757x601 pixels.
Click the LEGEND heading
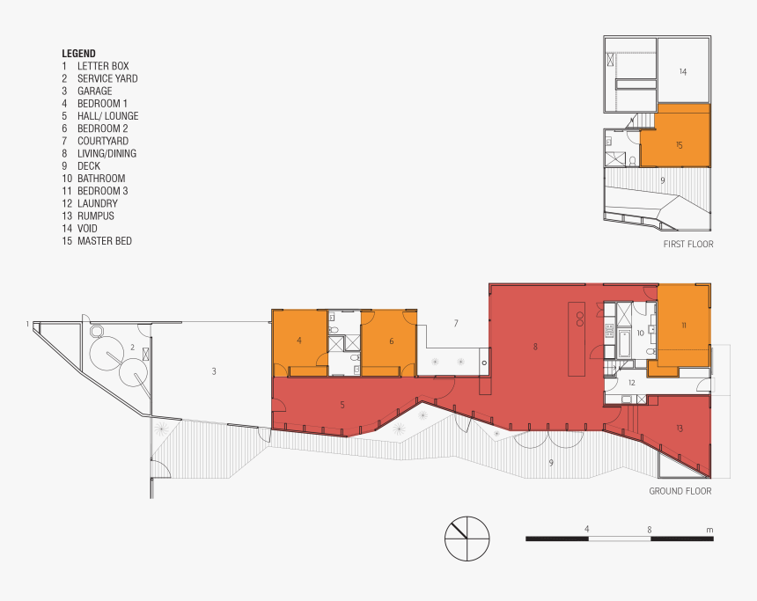click(78, 53)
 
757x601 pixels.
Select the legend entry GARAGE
click(94, 91)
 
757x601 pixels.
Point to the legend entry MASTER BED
click(104, 240)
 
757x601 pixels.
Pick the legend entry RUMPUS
click(95, 216)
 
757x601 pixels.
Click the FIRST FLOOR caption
click(687, 244)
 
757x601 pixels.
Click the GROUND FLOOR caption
click(680, 491)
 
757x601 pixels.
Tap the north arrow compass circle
click(467, 537)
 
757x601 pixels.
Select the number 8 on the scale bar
click(649, 529)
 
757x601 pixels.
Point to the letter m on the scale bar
click(709, 529)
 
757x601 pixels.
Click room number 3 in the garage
click(213, 371)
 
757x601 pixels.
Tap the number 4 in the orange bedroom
click(299, 340)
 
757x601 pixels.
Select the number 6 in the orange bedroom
click(391, 340)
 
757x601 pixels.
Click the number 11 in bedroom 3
click(683, 325)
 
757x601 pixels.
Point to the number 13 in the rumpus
click(680, 428)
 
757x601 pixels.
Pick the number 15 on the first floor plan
click(679, 144)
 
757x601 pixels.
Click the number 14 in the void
click(682, 72)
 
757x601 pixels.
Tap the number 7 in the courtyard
click(455, 323)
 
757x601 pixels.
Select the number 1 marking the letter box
click(27, 324)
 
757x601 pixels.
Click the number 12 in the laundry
click(631, 383)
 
